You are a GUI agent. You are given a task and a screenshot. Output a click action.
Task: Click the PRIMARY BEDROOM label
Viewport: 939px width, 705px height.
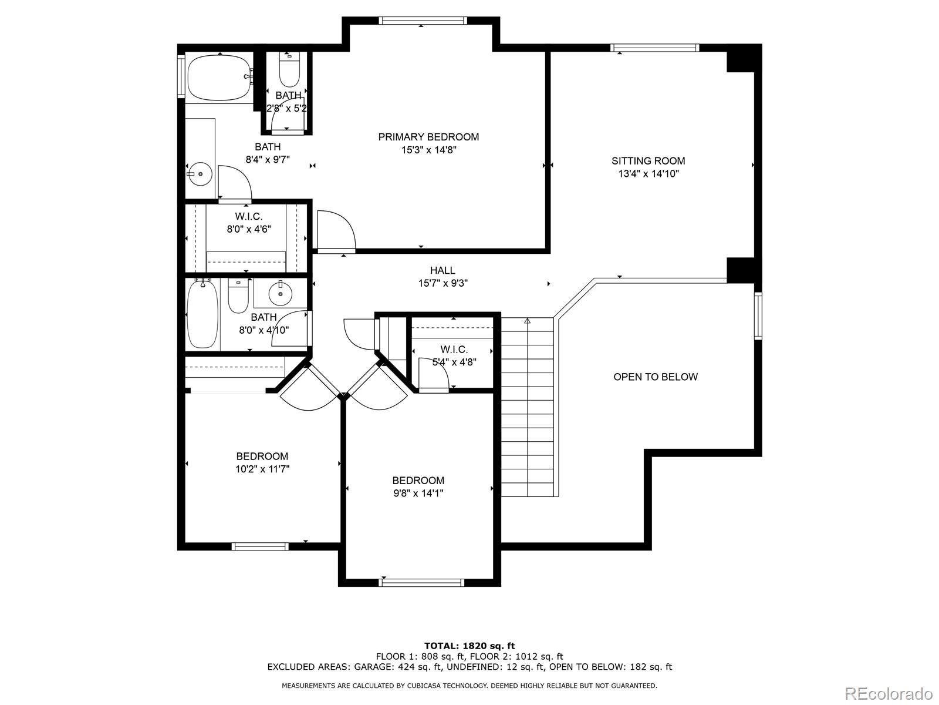click(x=428, y=137)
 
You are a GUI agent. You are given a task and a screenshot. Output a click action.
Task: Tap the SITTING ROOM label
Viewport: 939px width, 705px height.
click(x=648, y=161)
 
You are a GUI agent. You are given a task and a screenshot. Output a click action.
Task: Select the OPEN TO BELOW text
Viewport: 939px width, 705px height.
click(x=656, y=377)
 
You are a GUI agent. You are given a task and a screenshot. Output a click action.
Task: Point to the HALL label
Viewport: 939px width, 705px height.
click(x=443, y=270)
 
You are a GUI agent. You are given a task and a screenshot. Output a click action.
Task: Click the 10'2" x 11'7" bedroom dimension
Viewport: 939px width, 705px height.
click(x=262, y=469)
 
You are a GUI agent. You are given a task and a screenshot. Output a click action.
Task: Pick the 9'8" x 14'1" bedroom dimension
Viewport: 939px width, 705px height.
click(x=418, y=493)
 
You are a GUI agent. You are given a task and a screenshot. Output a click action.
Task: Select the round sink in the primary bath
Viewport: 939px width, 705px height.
click(x=200, y=174)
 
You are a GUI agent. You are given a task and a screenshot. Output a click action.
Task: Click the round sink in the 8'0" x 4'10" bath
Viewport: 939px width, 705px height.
click(x=280, y=294)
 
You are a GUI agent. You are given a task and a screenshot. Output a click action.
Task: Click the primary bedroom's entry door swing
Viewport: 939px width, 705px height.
click(x=336, y=230)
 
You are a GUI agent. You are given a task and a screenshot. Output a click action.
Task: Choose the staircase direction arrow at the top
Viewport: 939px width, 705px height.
click(x=528, y=320)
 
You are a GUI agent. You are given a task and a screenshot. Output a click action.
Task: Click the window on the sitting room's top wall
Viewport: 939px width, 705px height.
click(x=654, y=48)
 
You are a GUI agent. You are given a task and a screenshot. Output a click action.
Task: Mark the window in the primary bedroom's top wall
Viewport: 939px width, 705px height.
click(x=423, y=21)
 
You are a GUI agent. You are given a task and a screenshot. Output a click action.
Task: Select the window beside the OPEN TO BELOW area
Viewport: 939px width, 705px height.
click(x=758, y=316)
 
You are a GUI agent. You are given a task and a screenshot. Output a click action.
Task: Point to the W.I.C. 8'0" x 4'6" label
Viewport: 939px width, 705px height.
click(x=249, y=223)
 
